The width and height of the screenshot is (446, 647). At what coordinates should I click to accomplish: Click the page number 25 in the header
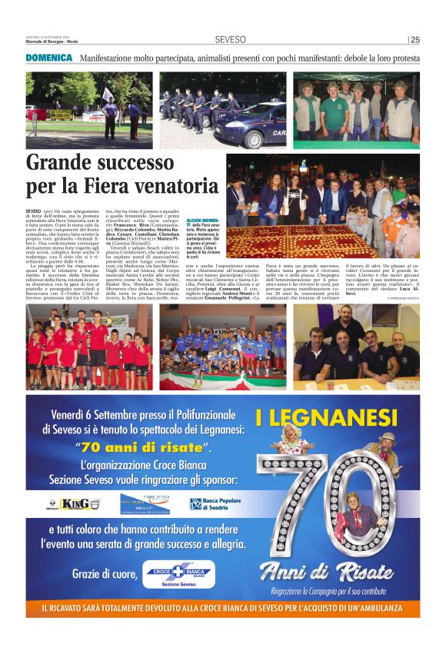(415, 40)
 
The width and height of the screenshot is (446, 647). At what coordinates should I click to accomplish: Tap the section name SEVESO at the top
(230, 40)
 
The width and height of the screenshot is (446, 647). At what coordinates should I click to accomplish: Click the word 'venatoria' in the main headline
(176, 185)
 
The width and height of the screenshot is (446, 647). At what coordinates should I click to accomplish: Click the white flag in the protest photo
(107, 93)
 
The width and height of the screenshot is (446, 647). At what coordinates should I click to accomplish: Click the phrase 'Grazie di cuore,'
(104, 572)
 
